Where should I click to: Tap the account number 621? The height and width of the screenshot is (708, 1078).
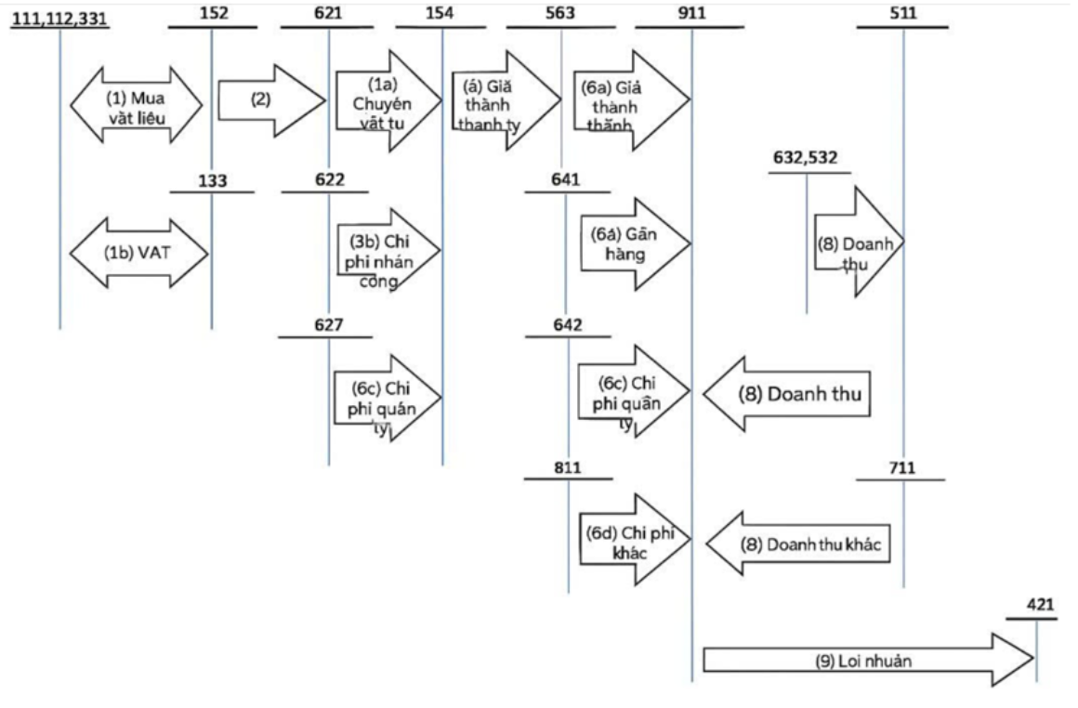click(x=328, y=13)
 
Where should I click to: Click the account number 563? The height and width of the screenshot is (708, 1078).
click(x=560, y=13)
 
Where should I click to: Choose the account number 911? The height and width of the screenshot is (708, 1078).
click(x=691, y=13)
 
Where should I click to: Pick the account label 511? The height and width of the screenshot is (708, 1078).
click(x=902, y=13)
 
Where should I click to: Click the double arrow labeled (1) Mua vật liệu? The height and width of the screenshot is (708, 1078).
click(x=136, y=102)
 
